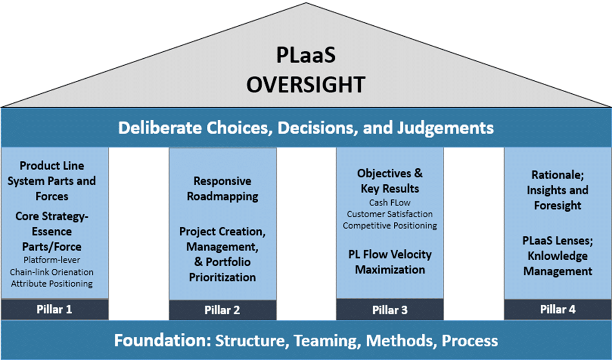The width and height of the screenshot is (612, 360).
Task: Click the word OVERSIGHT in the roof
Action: [x=306, y=84]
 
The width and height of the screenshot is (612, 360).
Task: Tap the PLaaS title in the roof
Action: [x=306, y=55]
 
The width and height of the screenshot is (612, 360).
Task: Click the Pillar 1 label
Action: [x=54, y=309]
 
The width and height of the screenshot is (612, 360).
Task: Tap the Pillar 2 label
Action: [x=222, y=310]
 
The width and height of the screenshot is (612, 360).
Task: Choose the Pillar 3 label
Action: [x=390, y=310]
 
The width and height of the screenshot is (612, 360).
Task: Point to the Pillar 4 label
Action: [x=558, y=309]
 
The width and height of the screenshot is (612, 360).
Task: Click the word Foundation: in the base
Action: [x=162, y=340]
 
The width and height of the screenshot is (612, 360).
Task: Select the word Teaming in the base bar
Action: [x=327, y=340]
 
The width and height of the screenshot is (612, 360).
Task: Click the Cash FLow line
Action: [x=390, y=203]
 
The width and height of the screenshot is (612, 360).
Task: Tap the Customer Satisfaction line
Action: [x=390, y=214]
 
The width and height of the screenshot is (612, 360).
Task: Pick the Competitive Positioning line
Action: [x=390, y=225]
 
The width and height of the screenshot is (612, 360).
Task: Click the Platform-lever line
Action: [x=52, y=260]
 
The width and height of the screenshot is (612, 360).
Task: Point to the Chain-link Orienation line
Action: [x=52, y=272]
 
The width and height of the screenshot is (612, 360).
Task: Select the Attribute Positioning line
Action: [x=52, y=284]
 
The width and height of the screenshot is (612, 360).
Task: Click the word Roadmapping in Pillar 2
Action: [x=222, y=197]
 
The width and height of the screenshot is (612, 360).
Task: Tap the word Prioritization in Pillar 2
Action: [x=222, y=277]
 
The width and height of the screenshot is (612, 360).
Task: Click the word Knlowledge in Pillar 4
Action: [x=558, y=256]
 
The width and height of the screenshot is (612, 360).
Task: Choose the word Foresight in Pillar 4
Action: [x=558, y=205]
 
